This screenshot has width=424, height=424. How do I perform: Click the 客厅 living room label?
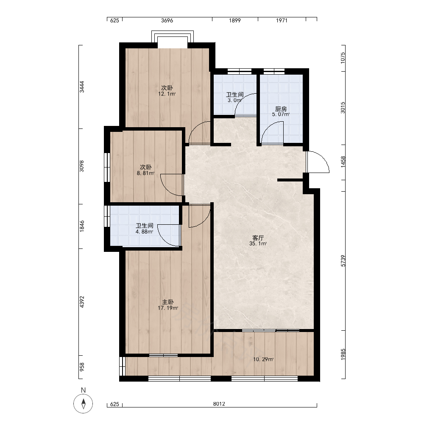coord(258,238)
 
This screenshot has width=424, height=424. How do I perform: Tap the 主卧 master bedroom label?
coord(167,302)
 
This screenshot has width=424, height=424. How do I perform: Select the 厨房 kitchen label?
coord(281,109)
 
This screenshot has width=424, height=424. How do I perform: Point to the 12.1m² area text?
coord(167,94)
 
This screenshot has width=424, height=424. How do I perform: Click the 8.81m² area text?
coord(145,173)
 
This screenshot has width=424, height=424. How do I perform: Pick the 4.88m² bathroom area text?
coord(145,232)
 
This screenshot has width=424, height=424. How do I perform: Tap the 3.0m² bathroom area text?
coord(234,100)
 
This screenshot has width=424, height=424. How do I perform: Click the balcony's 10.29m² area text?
coord(263,360)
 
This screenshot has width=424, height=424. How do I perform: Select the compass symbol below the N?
coord(83,404)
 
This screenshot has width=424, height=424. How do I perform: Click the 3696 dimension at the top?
coord(167,20)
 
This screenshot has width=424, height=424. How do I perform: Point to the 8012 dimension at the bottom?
coord(219,404)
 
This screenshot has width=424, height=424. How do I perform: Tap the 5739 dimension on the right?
coord(343,261)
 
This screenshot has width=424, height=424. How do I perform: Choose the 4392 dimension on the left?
coord(82,302)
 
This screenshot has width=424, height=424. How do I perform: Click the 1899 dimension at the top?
coord(235,20)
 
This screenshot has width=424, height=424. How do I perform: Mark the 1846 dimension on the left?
coord(82,226)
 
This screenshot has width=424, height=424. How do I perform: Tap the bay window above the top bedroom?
coord(173,36)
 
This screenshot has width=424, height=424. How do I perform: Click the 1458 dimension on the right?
coord(343,162)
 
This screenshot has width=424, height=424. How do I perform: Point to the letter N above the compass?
coord(83,390)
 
